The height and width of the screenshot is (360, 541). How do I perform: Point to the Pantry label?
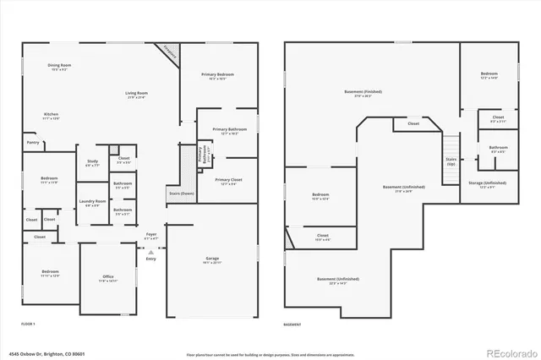33,143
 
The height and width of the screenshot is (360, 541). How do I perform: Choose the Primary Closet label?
229,181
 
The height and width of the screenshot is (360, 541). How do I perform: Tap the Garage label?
212,259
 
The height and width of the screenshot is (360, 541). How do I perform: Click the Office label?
107,277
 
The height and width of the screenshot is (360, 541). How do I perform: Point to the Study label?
92,162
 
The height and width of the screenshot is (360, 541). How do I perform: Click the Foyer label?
151,235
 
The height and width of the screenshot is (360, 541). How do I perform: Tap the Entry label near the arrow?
151,259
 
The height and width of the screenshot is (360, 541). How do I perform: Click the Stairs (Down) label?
181,193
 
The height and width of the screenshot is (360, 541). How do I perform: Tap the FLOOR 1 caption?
28,324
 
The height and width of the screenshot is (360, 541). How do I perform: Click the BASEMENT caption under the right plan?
292,324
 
